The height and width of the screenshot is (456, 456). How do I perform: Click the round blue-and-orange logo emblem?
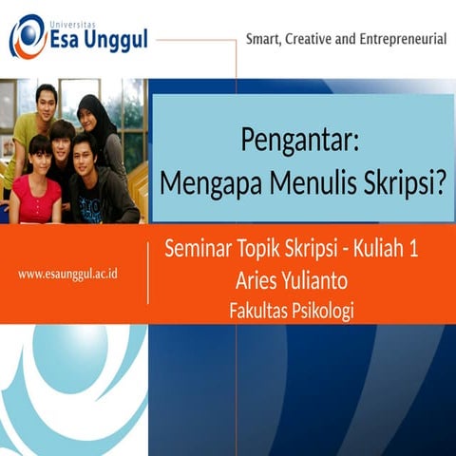click(x=28, y=37)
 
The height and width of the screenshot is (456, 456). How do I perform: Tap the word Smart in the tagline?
click(x=267, y=39)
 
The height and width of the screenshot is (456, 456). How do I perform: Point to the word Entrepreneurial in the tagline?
click(x=397, y=39)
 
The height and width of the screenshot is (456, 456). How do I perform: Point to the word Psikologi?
click(x=319, y=311)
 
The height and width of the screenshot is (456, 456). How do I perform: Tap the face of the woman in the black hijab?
click(x=96, y=116)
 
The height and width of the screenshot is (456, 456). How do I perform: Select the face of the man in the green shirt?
click(x=46, y=98)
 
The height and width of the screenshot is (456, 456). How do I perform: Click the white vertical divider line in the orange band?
click(x=148, y=274)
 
